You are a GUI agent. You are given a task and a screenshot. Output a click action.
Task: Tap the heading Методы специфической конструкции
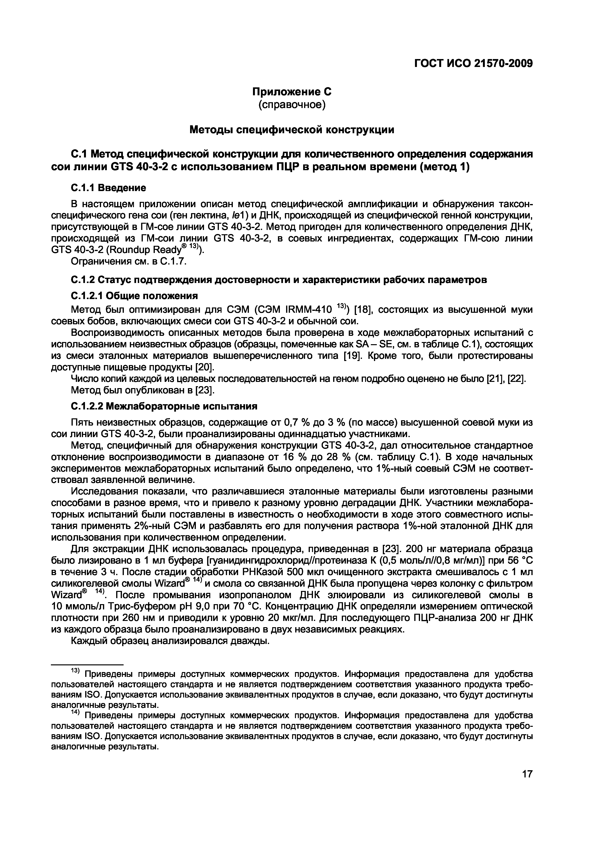coord(292,129)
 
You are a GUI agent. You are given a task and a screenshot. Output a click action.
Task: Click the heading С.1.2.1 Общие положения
coord(134,295)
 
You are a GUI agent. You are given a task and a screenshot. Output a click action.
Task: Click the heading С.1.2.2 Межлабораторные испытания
coord(164,406)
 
